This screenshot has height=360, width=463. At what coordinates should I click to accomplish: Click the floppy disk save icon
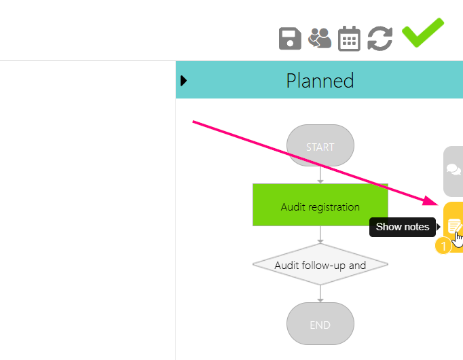pyautogui.click(x=290, y=39)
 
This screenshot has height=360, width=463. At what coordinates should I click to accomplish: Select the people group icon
pyautogui.click(x=320, y=38)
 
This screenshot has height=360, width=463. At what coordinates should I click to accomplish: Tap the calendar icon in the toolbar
pyautogui.click(x=349, y=39)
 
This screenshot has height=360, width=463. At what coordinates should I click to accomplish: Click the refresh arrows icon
pyautogui.click(x=380, y=39)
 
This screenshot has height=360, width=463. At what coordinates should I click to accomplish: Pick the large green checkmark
pyautogui.click(x=422, y=33)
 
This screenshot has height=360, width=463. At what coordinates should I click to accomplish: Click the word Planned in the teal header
pyautogui.click(x=320, y=81)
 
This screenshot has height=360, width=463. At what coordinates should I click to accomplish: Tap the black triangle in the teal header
pyautogui.click(x=183, y=81)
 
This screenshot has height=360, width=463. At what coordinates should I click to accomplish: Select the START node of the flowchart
pyautogui.click(x=320, y=147)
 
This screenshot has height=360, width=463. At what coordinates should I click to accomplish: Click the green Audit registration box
pyautogui.click(x=320, y=206)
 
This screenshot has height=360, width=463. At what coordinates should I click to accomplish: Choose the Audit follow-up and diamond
pyautogui.click(x=320, y=265)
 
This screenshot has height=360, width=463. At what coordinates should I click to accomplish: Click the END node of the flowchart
pyautogui.click(x=320, y=325)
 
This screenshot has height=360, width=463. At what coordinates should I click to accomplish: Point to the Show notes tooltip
pyautogui.click(x=403, y=227)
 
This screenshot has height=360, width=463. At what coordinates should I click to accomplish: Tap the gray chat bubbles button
pyautogui.click(x=453, y=170)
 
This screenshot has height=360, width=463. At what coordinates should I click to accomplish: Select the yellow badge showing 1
pyautogui.click(x=443, y=245)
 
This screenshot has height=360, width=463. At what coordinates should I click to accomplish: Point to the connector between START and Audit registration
pyautogui.click(x=320, y=175)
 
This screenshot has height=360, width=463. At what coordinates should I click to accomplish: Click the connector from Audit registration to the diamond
pyautogui.click(x=320, y=234)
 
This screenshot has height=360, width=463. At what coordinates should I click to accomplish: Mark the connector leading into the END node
pyautogui.click(x=320, y=294)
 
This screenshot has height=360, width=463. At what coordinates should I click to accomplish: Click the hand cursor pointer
pyautogui.click(x=459, y=239)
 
